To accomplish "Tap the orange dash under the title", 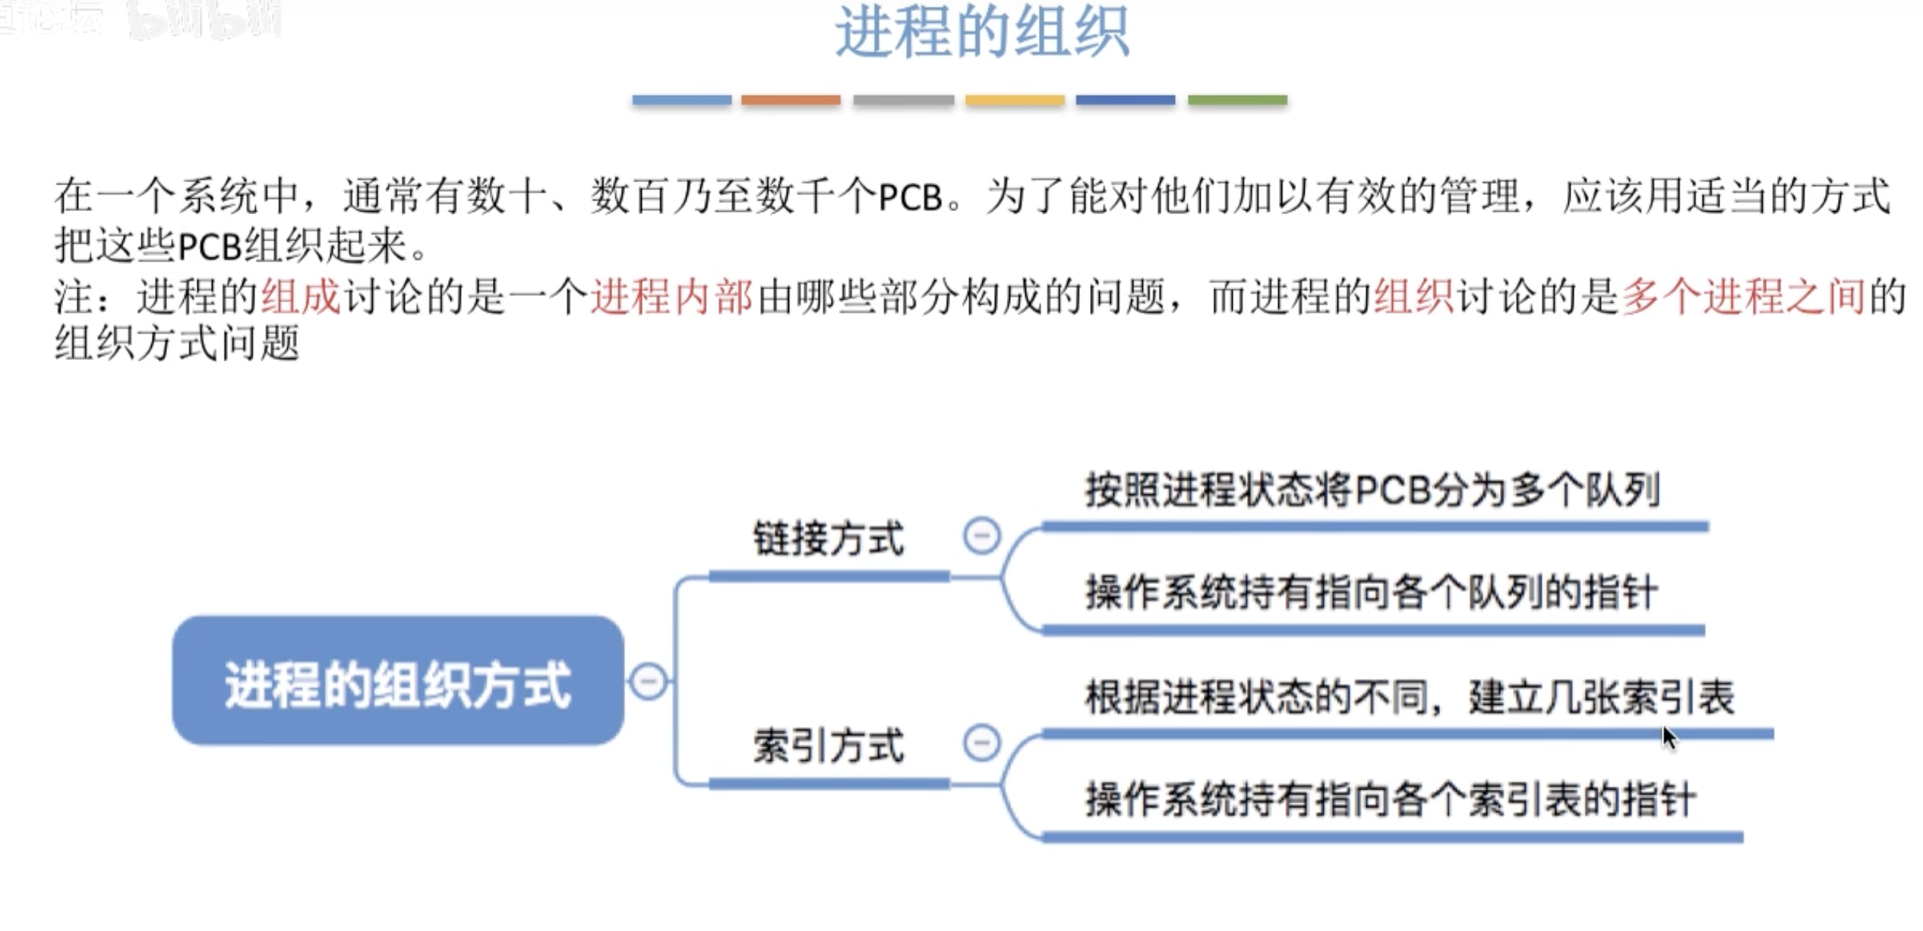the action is [791, 100].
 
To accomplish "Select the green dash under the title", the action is [1237, 100].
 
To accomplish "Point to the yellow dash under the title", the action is [1015, 100].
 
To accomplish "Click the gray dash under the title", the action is [903, 100].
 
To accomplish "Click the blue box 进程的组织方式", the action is [398, 681].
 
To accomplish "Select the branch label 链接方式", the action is [829, 539].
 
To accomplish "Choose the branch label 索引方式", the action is [829, 746].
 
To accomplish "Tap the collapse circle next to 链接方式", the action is [981, 536].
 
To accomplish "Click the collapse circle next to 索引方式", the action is [981, 743].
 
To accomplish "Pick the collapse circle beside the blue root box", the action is [649, 681].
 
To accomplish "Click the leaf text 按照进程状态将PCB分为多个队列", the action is [1372, 490].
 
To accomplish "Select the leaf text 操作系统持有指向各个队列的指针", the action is [1372, 592].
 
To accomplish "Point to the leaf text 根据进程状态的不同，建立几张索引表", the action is [1410, 697].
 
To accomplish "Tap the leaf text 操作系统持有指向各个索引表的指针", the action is [1390, 800].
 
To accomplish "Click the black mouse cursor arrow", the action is [1669, 737].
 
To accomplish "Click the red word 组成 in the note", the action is [301, 296].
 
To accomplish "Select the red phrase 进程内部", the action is [671, 296].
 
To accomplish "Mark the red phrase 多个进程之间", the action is [1743, 296].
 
